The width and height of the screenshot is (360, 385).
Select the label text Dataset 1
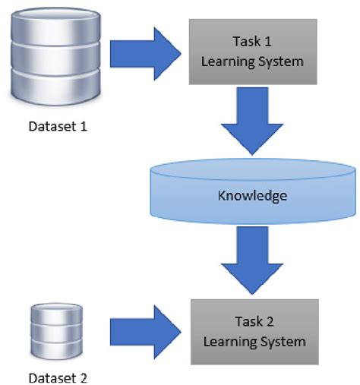[57, 126]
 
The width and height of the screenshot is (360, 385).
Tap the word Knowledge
[252, 196]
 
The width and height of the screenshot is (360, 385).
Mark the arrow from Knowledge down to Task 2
[251, 260]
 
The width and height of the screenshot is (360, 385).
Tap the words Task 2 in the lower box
[252, 323]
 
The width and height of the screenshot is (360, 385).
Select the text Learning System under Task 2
[252, 341]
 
